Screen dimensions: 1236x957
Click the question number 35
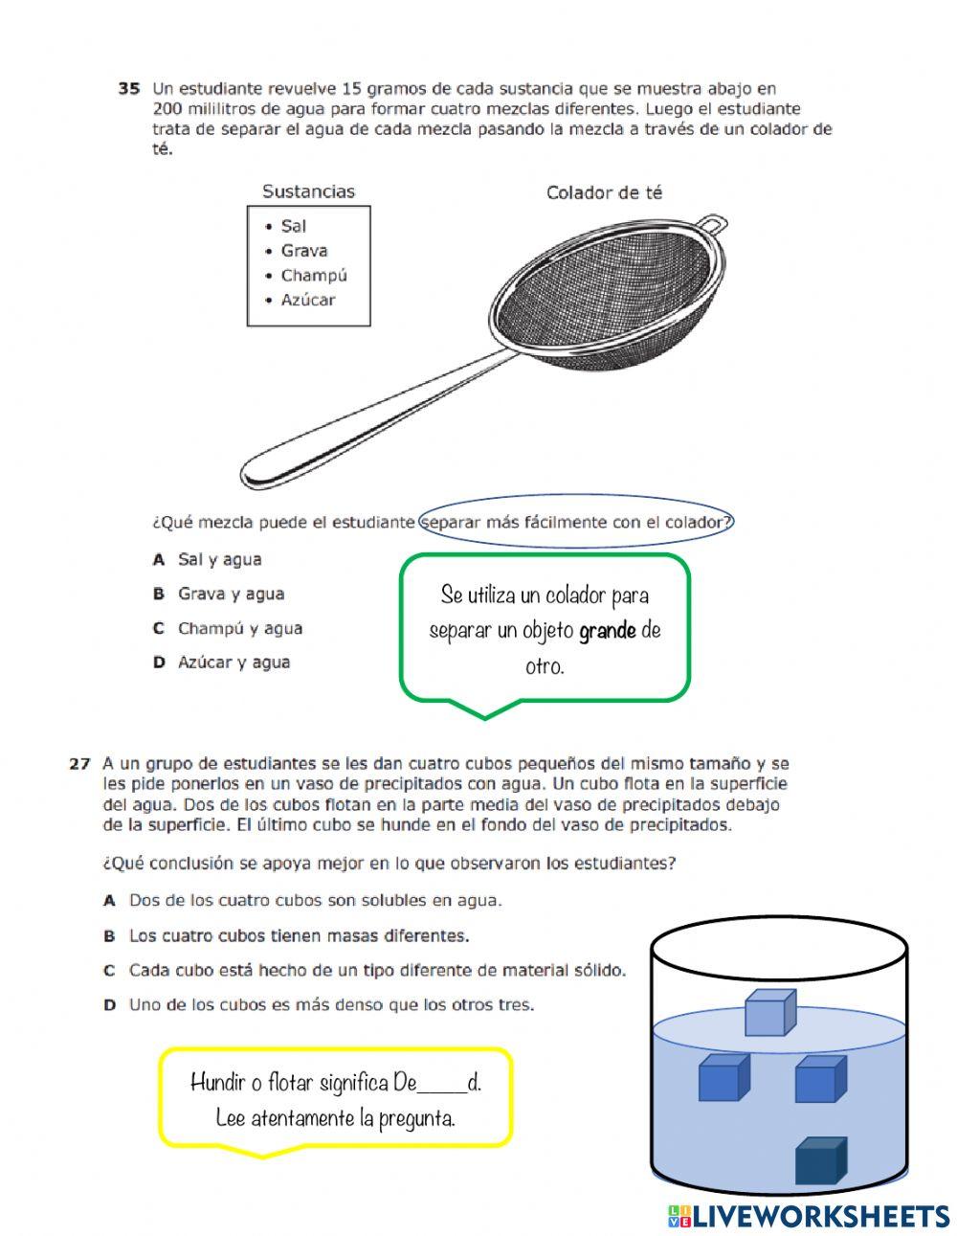click(129, 89)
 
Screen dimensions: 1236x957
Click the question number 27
click(79, 764)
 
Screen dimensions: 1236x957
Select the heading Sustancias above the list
click(308, 191)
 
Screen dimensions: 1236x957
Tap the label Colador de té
click(604, 192)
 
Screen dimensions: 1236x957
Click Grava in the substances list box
click(303, 251)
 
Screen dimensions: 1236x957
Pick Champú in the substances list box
click(313, 276)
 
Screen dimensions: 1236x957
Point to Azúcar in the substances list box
click(307, 300)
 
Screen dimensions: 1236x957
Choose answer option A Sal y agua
click(218, 560)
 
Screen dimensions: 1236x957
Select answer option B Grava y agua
click(230, 594)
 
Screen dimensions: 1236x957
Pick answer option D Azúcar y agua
click(233, 663)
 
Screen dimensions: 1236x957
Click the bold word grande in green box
click(608, 631)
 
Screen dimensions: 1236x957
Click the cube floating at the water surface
click(770, 1013)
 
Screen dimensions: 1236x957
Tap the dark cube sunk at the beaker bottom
click(820, 1161)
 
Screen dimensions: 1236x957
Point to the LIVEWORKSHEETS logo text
click(820, 1216)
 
